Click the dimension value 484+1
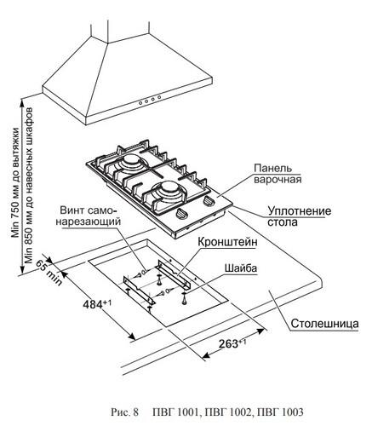(x=97, y=304)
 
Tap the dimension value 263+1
(x=232, y=343)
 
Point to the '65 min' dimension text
(x=49, y=273)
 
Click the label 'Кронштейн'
(x=227, y=242)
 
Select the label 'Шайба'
(x=241, y=268)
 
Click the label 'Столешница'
(x=324, y=324)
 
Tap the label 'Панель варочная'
(x=278, y=174)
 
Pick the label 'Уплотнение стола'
(x=300, y=216)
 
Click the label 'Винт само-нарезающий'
(x=89, y=216)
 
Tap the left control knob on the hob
(x=181, y=213)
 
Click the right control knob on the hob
(x=209, y=201)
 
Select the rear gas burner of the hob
(x=131, y=162)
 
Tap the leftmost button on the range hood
(x=140, y=103)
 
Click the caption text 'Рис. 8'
(x=124, y=412)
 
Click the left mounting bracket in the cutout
(x=140, y=291)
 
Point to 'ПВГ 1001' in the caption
(x=175, y=412)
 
